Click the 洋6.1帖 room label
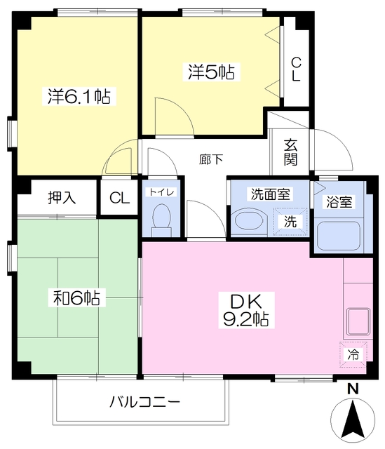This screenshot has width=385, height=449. [x=78, y=96]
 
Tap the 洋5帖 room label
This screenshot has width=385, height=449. [x=210, y=71]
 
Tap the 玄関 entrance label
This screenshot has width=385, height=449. [x=291, y=152]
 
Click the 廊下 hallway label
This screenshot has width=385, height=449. [x=211, y=160]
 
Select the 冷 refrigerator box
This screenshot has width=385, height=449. [x=353, y=354]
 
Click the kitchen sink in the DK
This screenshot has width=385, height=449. [x=358, y=322]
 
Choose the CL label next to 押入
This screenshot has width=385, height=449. [x=119, y=198]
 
